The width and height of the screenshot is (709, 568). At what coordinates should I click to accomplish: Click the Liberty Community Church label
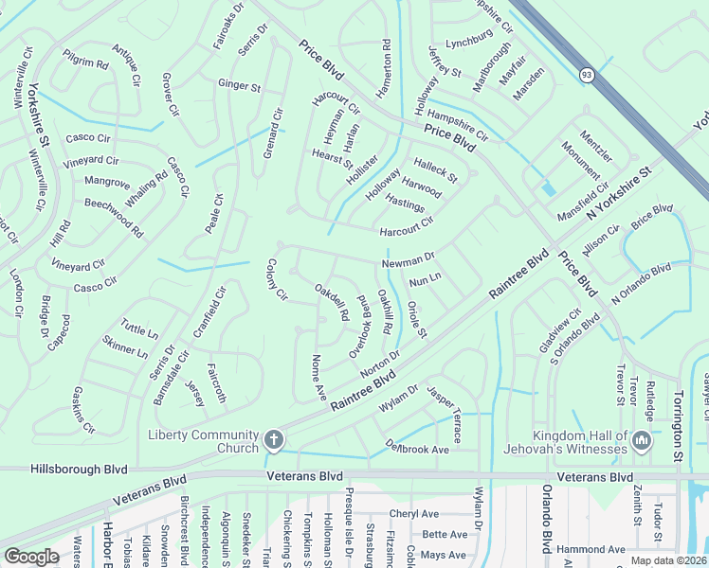coord(203,441)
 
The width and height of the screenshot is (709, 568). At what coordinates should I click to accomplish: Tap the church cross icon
coord(274,439)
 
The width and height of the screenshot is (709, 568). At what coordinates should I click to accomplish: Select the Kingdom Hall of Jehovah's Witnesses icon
coord(641,440)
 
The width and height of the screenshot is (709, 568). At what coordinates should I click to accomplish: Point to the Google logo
coord(31,557)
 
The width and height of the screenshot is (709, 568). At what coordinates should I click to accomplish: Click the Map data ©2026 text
coord(667,560)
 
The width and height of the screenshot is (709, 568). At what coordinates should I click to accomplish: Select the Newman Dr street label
coord(408,257)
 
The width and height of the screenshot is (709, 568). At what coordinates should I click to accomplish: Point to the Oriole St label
coord(416,319)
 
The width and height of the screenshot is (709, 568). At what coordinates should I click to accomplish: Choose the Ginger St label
coord(239,86)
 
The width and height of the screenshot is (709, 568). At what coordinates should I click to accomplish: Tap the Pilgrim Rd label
coord(87,63)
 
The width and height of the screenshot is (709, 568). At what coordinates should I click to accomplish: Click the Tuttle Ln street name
coord(139,330)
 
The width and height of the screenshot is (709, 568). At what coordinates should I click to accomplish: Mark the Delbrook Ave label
coord(416,446)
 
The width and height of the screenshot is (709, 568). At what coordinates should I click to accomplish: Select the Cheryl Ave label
coord(415,514)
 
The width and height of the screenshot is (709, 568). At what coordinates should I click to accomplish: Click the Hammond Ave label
coord(591,549)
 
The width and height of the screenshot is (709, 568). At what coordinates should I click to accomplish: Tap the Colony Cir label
coord(277,280)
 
